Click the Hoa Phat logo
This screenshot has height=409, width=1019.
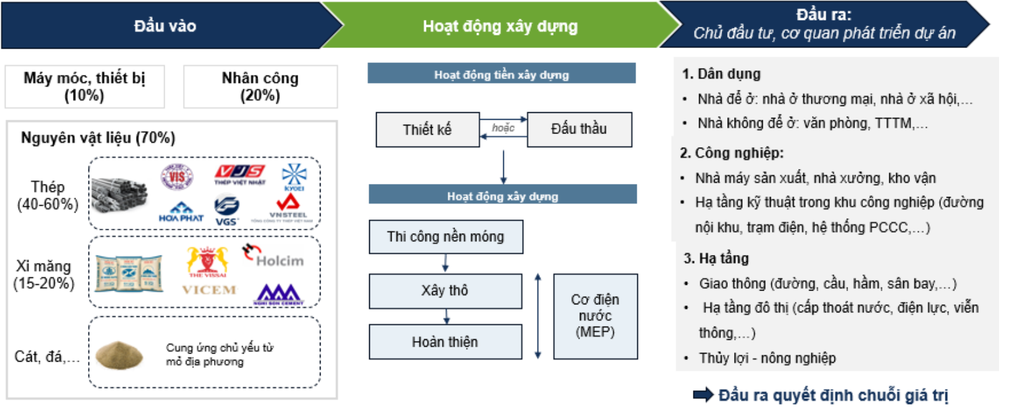coord(181,211)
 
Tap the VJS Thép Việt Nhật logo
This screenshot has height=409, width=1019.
coord(240,174)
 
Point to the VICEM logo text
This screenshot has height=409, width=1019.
coord(209,289)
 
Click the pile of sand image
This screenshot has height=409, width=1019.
coord(120,355)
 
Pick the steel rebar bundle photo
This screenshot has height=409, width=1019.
coord(119,195)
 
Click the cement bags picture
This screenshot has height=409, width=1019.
coord(129,273)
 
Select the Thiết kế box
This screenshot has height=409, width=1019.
coord(427,130)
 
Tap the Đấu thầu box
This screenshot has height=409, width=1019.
coord(579,129)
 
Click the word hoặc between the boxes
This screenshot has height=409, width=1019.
coord(503,128)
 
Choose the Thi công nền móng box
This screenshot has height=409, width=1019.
coord(445,237)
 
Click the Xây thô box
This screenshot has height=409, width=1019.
coord(445,291)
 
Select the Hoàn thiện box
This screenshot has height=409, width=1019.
coord(445,342)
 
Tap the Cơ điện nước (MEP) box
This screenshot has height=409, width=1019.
coord(595,316)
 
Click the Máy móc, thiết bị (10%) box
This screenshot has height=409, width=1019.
coord(84,87)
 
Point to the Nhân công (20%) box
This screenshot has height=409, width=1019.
coord(260,87)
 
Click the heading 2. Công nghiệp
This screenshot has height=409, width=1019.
coord(732,153)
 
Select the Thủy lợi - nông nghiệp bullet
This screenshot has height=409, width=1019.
coord(766,358)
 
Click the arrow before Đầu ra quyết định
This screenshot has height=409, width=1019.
coord(703,395)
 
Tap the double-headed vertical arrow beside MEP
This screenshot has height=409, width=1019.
coord(538,316)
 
